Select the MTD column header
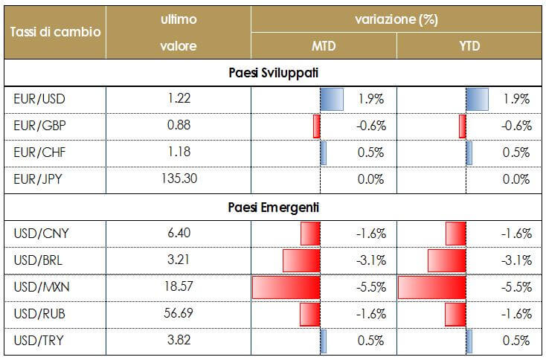[x=323, y=47]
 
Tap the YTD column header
[x=469, y=47]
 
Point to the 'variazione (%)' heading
[x=396, y=19]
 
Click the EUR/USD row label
[x=35, y=98]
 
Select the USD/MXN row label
[x=36, y=287]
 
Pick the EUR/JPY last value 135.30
[x=179, y=179]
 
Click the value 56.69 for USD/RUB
[x=179, y=314]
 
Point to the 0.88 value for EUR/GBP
[x=179, y=126]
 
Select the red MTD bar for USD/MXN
[x=286, y=288]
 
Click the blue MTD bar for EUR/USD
[x=332, y=99]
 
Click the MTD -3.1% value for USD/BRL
[x=370, y=260]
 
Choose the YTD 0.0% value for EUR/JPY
[x=516, y=179]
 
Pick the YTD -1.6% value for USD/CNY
[x=516, y=234]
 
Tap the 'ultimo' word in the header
[x=179, y=19]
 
